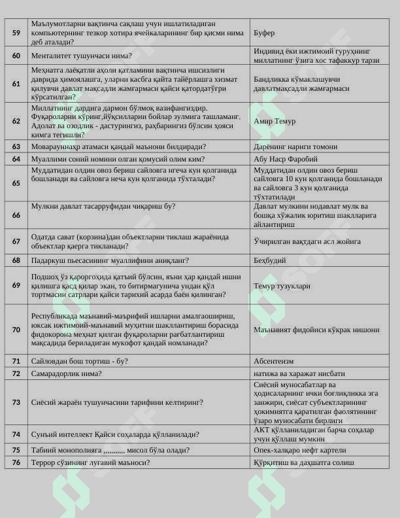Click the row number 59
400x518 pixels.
[x=16, y=33]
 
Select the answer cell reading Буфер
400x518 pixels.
[x=264, y=33]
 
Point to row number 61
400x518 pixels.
[x=16, y=84]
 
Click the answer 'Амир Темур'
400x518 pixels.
[x=275, y=121]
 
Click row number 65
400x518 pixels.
[x=16, y=183]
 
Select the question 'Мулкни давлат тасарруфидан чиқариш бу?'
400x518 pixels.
[x=103, y=206]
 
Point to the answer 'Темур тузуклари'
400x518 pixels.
[x=282, y=286]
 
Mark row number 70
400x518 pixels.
[x=16, y=330]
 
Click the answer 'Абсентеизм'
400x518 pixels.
[x=273, y=361]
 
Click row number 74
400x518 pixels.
[x=16, y=434]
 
